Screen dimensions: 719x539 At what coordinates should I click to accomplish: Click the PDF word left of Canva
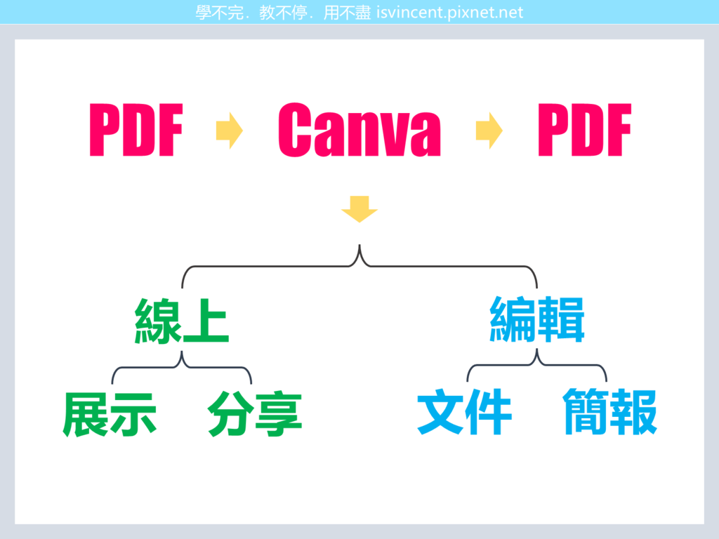click(136, 130)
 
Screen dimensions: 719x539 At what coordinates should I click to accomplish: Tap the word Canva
click(359, 130)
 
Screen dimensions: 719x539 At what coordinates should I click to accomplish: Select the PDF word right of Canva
click(585, 130)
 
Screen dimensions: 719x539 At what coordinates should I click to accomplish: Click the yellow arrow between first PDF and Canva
click(230, 131)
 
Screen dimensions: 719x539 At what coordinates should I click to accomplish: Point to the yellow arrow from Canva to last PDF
click(489, 131)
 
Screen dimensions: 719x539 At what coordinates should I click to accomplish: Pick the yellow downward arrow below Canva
click(359, 209)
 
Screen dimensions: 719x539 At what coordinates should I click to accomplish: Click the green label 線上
click(182, 321)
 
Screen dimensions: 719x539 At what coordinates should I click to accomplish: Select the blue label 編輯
click(537, 319)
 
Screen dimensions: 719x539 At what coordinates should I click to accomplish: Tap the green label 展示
click(110, 414)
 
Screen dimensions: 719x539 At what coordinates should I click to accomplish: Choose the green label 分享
click(254, 414)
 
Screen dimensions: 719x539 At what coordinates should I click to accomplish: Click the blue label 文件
click(465, 411)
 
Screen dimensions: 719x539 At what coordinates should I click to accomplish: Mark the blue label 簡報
click(610, 411)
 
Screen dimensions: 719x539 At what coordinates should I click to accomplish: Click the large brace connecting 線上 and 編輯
click(359, 261)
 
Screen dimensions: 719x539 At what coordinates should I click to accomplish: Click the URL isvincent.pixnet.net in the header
click(450, 13)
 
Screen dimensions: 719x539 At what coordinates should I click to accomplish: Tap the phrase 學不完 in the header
click(219, 13)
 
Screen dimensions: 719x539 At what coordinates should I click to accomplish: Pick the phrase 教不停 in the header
click(283, 13)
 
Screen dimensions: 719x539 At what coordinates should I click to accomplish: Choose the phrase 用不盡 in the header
click(347, 13)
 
